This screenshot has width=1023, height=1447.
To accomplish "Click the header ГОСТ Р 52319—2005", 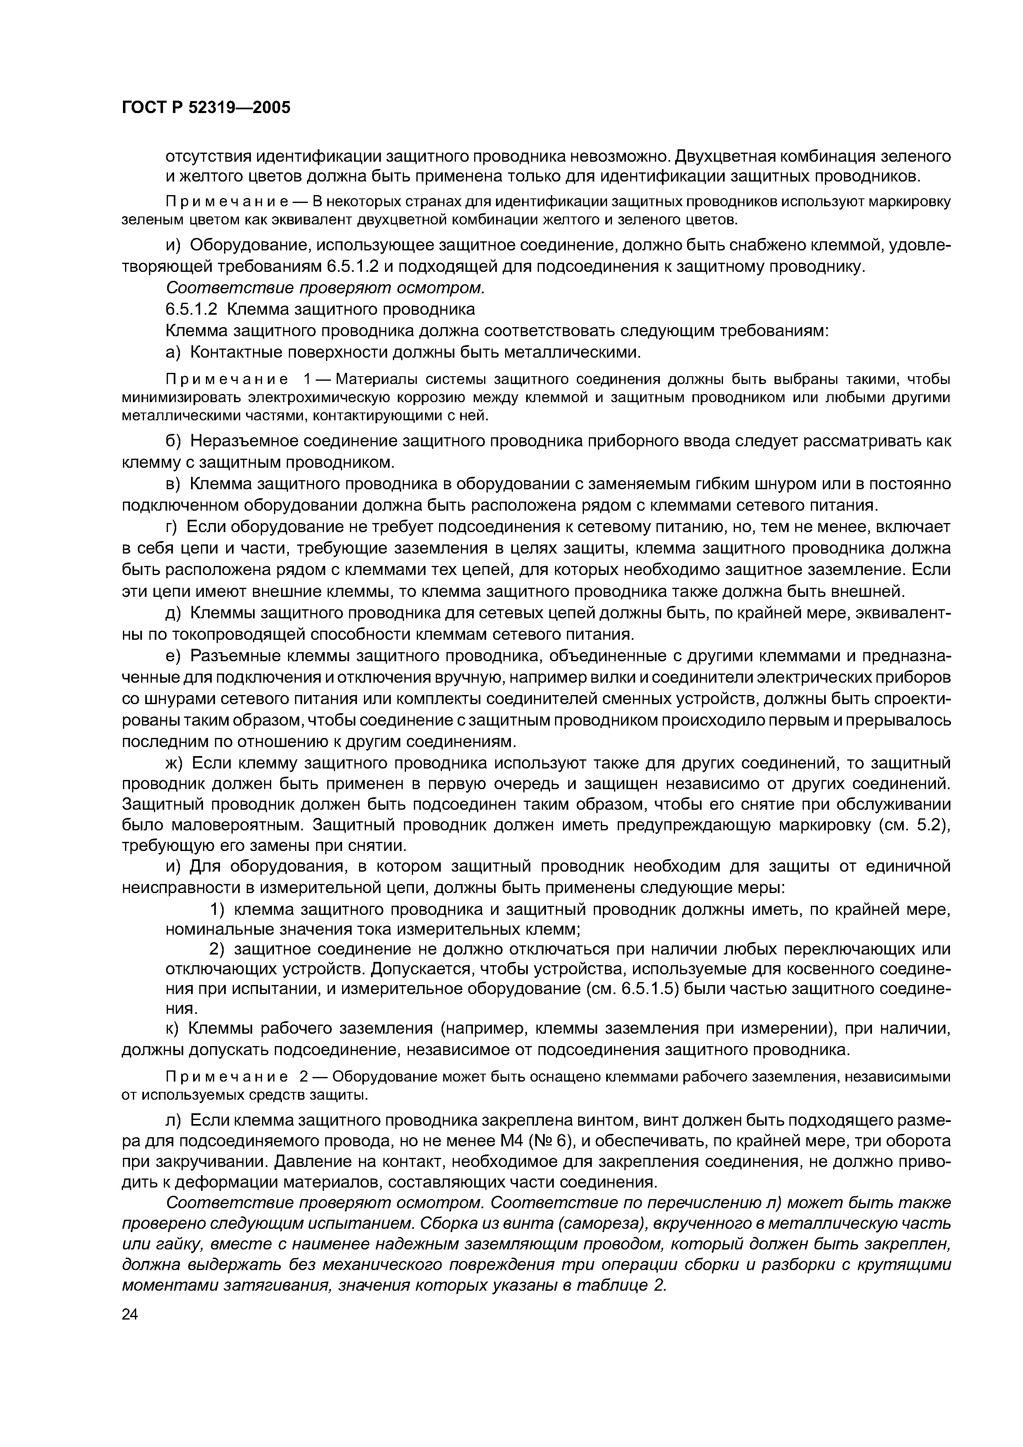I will click(206, 108).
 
